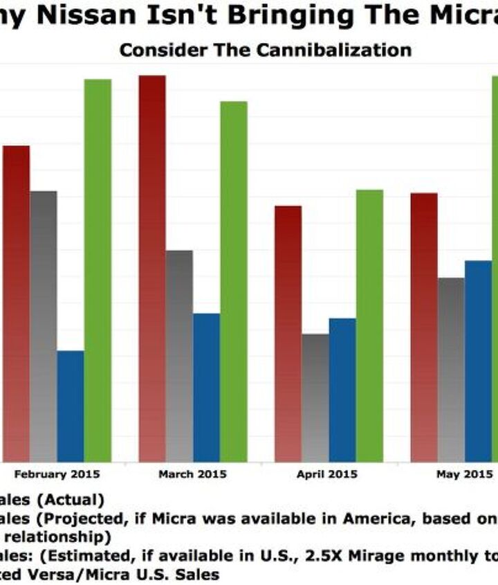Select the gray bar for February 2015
43,326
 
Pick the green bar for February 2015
98,270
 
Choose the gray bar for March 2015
179,356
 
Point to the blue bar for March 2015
206,388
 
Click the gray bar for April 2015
315,398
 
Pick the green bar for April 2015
369,325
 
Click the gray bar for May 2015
451,370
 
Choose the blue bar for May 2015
478,361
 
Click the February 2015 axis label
57,474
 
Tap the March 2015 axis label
192,474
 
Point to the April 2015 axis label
329,474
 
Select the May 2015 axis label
464,474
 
